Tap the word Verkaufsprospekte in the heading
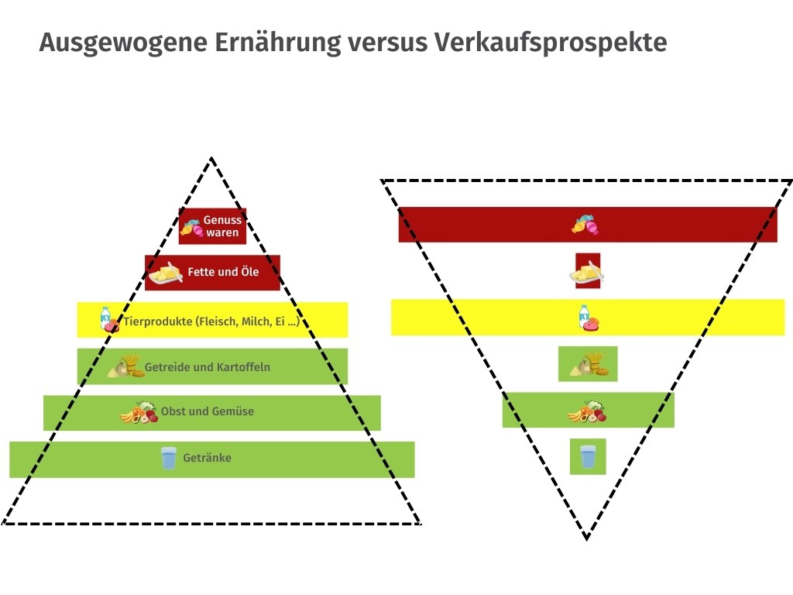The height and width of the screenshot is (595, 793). [x=551, y=43]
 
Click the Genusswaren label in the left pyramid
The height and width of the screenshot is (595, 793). [x=222, y=226]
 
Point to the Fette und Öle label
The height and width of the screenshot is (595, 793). [x=223, y=272]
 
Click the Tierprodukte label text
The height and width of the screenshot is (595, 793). [x=211, y=322]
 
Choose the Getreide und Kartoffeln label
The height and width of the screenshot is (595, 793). [x=208, y=366]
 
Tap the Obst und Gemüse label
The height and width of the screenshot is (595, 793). [x=208, y=411]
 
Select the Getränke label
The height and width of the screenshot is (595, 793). [x=208, y=458]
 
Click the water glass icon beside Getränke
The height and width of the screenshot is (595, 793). [x=168, y=458]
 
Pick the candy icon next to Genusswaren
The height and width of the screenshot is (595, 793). [x=192, y=228]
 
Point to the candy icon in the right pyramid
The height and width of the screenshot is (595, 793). [x=585, y=225]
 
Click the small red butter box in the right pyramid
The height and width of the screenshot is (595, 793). [x=589, y=270]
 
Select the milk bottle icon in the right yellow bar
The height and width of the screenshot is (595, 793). [x=584, y=316]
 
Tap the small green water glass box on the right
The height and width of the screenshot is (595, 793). [x=588, y=456]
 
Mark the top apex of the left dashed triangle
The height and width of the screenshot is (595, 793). [x=212, y=158]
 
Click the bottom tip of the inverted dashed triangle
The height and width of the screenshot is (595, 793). [x=586, y=539]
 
